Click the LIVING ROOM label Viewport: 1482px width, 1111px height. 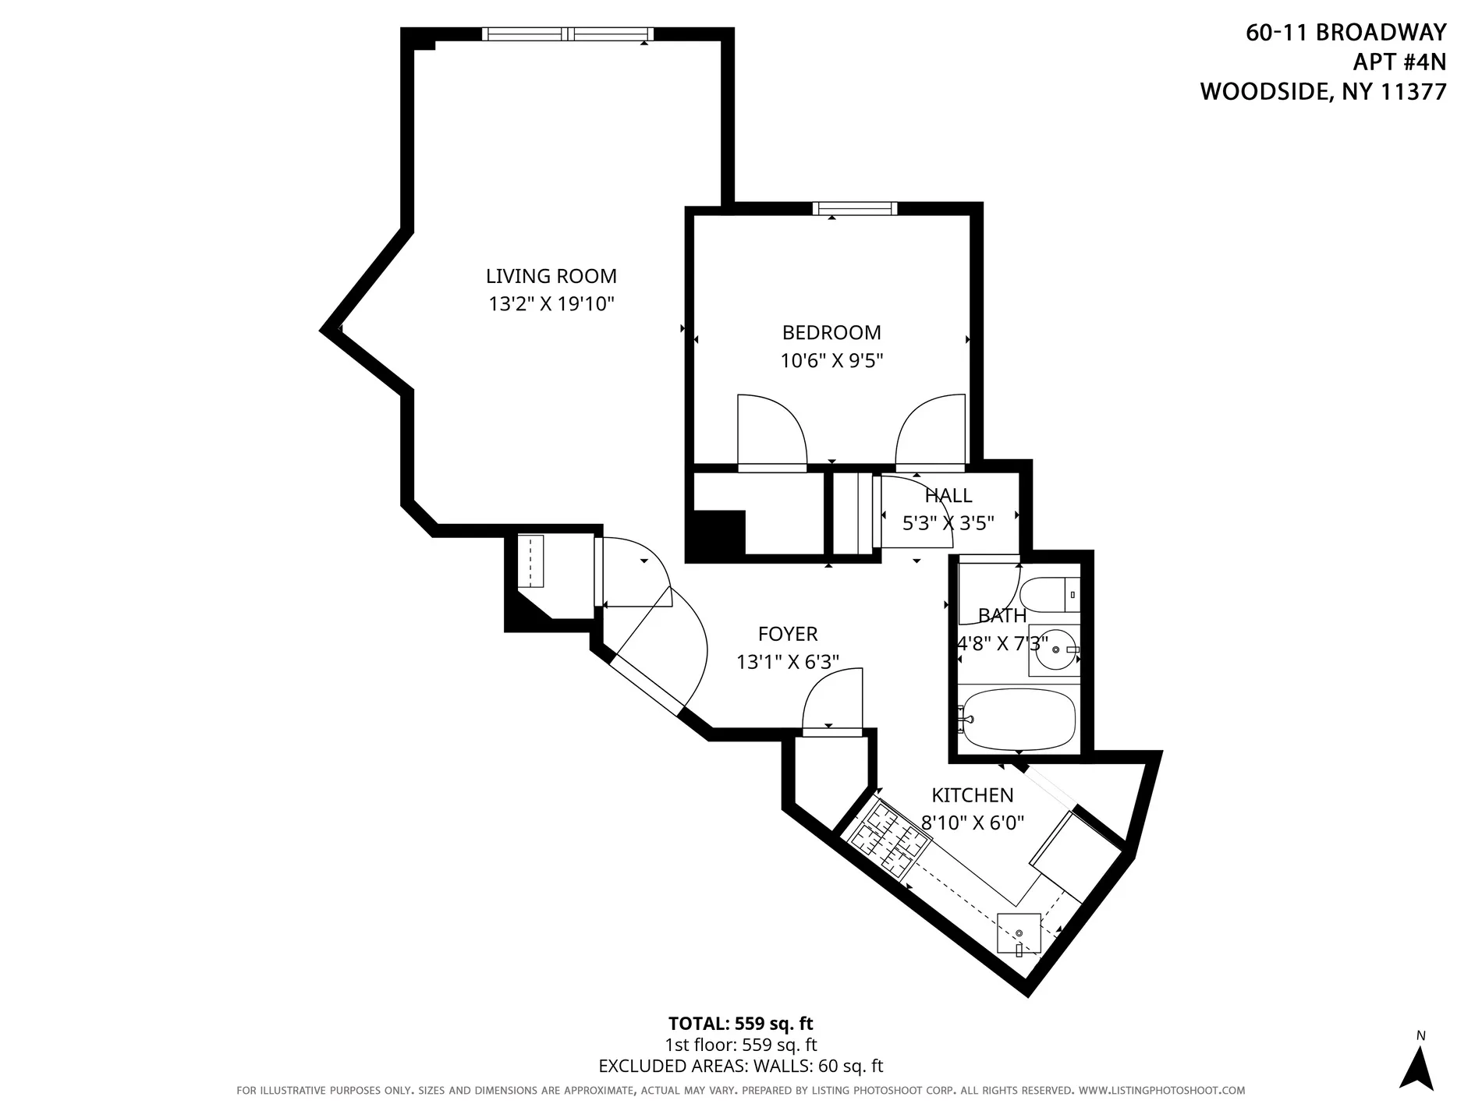[x=551, y=276]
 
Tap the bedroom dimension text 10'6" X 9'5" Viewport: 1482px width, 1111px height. [x=831, y=360]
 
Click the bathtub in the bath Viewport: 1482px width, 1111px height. [x=1019, y=719]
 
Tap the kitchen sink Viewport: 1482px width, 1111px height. [x=1019, y=933]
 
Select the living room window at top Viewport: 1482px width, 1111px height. [x=567, y=34]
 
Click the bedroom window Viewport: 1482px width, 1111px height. [x=854, y=208]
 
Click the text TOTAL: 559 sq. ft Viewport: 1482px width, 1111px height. [x=740, y=1023]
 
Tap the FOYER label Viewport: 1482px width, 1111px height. [x=788, y=634]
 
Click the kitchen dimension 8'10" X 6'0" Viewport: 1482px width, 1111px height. [x=972, y=822]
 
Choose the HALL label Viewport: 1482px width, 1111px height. [x=948, y=495]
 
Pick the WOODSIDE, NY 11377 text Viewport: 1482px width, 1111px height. [x=1323, y=91]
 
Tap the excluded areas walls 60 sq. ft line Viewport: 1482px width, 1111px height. [x=740, y=1066]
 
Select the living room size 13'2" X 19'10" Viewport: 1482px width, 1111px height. [x=551, y=303]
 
